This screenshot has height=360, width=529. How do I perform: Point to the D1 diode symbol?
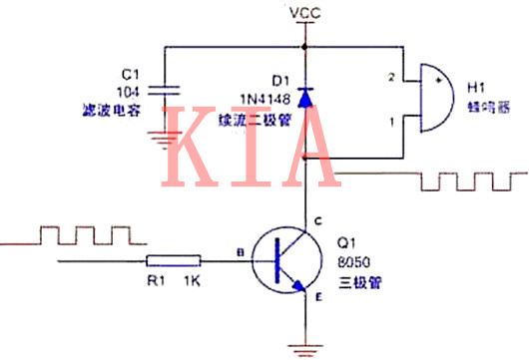303,101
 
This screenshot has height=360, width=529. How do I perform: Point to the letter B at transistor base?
238,253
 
